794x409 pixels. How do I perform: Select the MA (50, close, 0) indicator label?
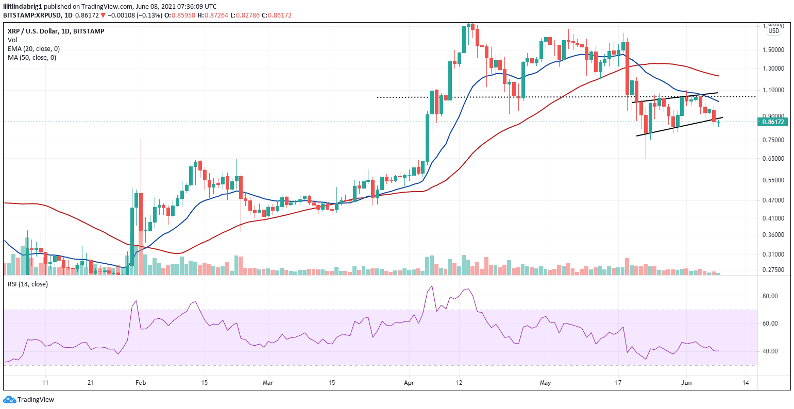32,57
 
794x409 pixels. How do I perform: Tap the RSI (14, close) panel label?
27,284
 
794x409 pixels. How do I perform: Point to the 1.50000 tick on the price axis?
773,50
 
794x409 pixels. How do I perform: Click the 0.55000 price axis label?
773,180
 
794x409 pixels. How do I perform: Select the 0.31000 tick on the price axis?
773,254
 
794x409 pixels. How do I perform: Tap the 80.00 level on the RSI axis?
770,296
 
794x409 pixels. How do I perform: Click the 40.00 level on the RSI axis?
770,351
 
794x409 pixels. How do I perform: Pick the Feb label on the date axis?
140,383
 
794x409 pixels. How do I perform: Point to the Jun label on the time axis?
686,383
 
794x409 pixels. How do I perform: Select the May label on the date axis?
545,383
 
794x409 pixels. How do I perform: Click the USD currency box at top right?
773,31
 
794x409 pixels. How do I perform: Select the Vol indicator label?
12,40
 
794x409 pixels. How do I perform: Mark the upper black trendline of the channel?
675,97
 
